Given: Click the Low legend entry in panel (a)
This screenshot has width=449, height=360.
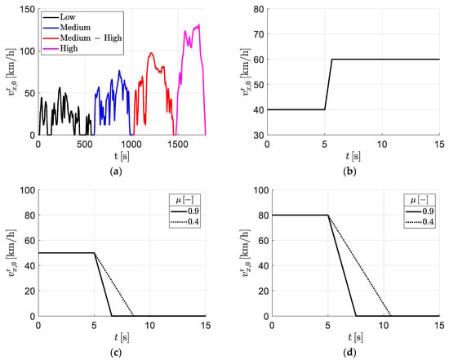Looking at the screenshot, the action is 59,17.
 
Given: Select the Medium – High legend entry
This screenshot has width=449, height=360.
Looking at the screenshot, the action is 82,38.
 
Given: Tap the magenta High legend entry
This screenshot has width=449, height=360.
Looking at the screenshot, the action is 60,48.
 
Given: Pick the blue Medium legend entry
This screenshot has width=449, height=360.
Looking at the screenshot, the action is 67,28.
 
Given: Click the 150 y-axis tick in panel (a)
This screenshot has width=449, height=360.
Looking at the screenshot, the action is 28,10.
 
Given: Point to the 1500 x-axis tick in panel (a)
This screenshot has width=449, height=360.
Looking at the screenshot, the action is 178,144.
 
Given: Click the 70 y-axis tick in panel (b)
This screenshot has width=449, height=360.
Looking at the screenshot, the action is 259,34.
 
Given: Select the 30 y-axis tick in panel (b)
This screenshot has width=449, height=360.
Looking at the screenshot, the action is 259,135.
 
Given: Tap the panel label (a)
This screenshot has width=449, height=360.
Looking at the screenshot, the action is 116,171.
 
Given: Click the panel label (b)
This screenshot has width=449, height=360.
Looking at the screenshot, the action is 349,171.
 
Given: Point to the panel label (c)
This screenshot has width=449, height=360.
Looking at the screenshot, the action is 116,353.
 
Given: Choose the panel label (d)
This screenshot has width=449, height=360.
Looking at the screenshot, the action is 349,353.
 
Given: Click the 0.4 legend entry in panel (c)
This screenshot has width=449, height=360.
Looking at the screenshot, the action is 184,222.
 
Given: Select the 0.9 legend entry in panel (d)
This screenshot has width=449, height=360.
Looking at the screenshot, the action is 420,211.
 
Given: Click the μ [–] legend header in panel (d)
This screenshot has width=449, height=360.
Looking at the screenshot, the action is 420,200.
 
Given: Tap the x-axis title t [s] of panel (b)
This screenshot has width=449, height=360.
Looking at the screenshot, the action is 353,157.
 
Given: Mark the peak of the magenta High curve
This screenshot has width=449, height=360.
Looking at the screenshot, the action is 198,24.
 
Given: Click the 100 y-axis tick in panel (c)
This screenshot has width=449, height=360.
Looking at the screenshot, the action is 28,190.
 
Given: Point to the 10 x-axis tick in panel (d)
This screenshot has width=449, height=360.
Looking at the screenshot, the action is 384,325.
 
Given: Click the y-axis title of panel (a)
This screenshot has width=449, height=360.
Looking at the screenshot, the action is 12,72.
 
